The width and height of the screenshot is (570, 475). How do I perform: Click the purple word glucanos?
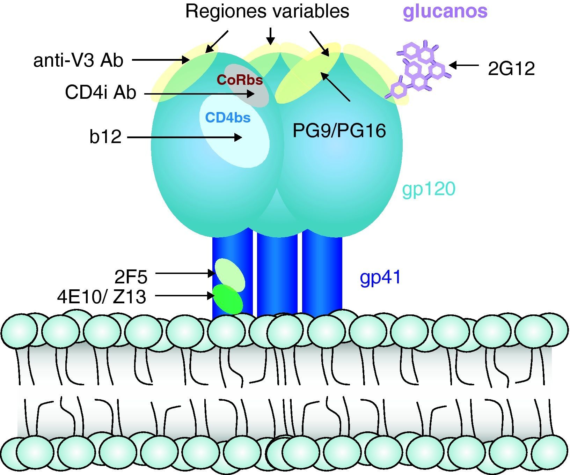click(x=445, y=11)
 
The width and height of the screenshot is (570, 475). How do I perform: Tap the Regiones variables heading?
click(x=267, y=11)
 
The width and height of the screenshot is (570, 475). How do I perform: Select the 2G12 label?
click(x=511, y=69)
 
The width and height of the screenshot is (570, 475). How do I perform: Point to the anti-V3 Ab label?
click(x=78, y=60)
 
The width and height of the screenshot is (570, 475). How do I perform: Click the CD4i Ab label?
click(x=100, y=93)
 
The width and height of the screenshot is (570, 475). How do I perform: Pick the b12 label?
click(x=105, y=136)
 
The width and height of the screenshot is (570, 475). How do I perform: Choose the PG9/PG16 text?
click(x=339, y=131)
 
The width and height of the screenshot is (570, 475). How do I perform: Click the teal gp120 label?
click(x=429, y=189)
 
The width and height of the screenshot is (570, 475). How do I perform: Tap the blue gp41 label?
click(x=380, y=277)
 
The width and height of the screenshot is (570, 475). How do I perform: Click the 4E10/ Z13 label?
click(x=101, y=297)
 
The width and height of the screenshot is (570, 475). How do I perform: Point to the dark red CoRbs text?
click(x=240, y=80)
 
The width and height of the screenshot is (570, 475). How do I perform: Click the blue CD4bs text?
click(x=228, y=118)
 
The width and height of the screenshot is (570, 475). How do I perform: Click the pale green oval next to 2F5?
click(x=230, y=274)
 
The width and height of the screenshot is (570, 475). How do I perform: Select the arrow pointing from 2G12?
click(x=464, y=65)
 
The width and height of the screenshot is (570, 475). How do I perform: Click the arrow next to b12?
click(x=184, y=138)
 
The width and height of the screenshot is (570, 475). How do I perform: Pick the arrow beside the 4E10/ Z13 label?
click(x=184, y=296)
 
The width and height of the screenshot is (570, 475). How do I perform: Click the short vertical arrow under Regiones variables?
click(x=270, y=36)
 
